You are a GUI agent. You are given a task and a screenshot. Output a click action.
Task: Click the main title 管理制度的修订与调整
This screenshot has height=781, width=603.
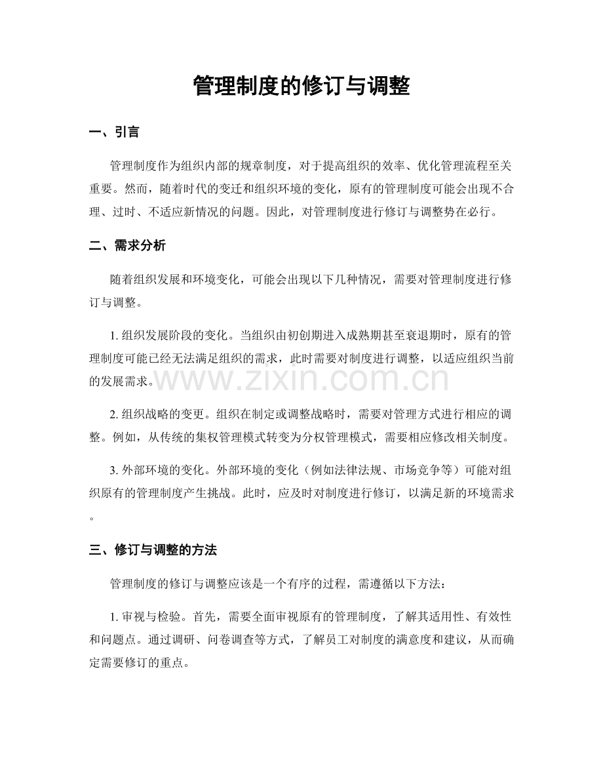click(x=301, y=86)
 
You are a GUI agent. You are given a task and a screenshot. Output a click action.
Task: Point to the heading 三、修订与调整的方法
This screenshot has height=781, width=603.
click(x=152, y=550)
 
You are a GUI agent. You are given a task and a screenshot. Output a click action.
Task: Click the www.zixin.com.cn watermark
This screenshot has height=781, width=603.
click(x=301, y=379)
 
